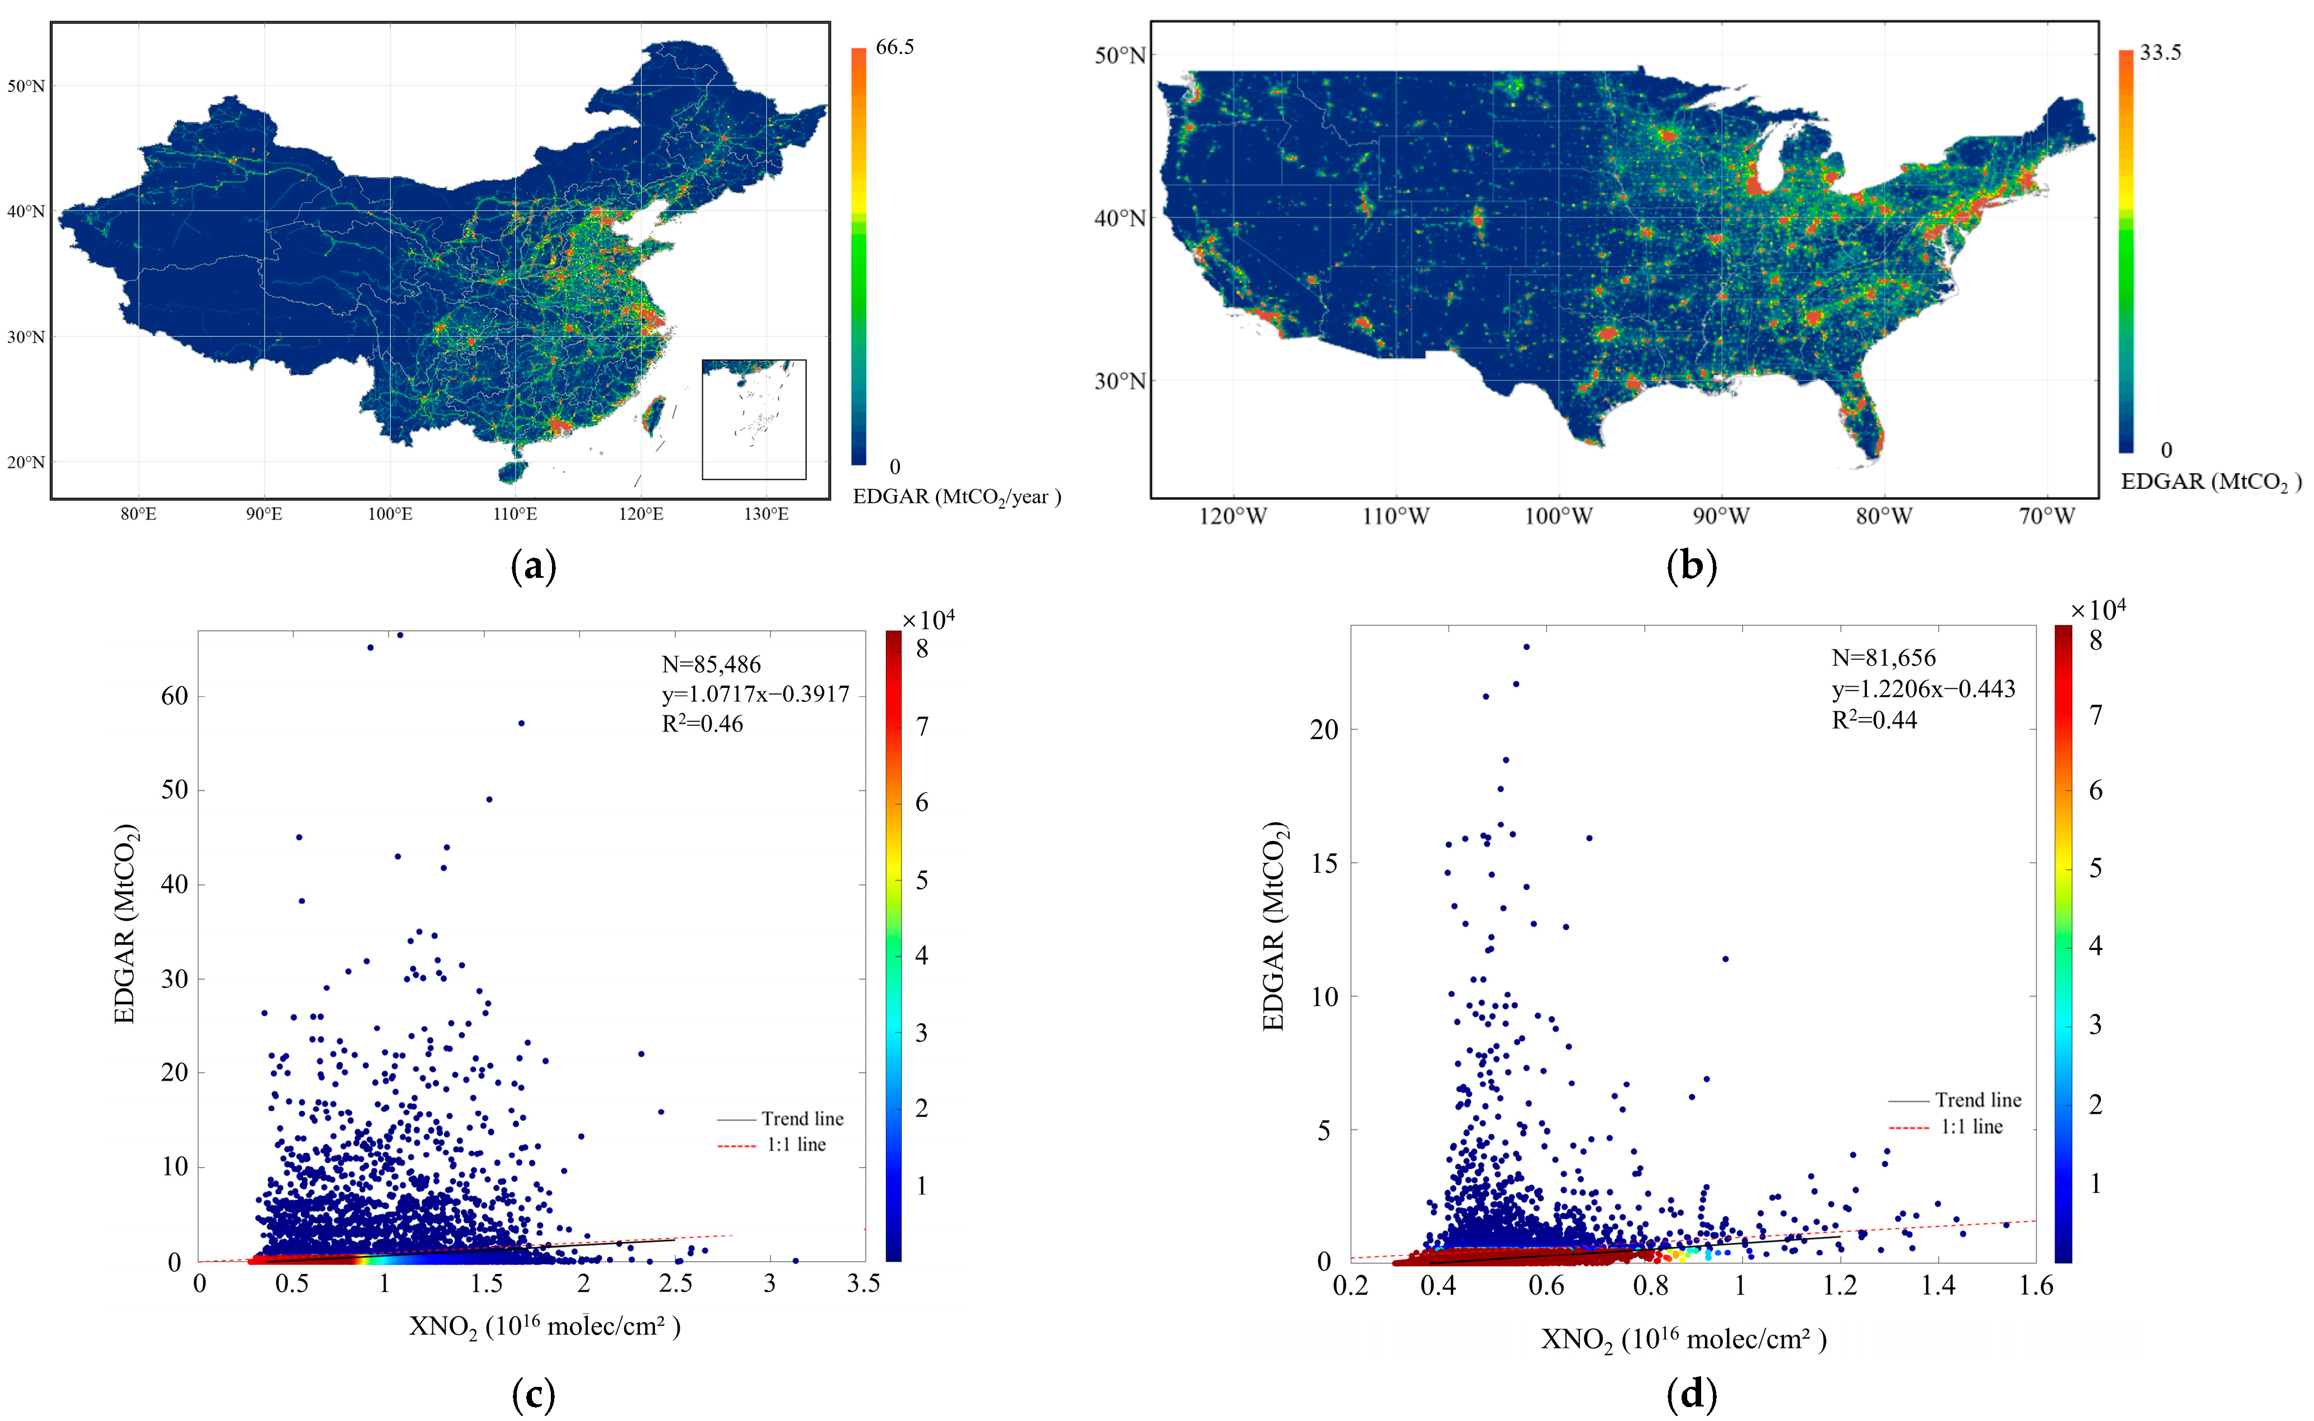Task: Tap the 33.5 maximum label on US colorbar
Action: click(x=2159, y=53)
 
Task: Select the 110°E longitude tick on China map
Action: click(x=515, y=514)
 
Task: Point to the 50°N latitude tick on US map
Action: click(x=1120, y=55)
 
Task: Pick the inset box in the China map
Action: click(x=754, y=419)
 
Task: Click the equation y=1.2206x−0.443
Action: click(x=1922, y=689)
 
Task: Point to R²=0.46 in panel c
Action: click(x=702, y=724)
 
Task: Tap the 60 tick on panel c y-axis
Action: click(x=175, y=696)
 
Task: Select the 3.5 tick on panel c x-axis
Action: click(x=863, y=1284)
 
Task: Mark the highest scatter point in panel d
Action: click(x=1526, y=647)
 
